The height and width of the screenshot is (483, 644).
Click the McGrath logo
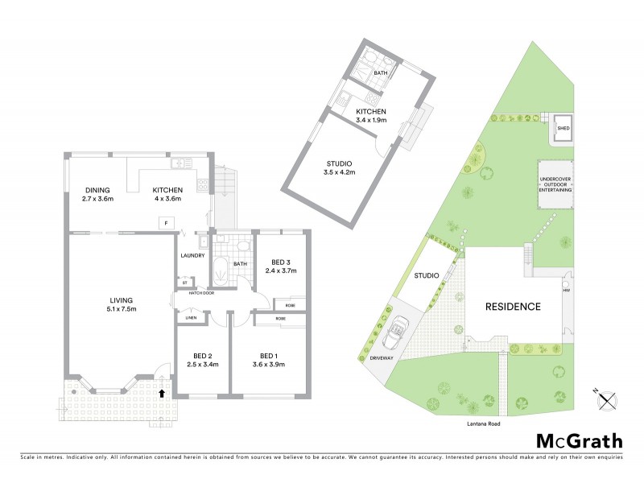point(580,440)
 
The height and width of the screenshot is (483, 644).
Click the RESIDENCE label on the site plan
point(512,307)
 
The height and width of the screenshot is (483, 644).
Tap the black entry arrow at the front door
point(163,394)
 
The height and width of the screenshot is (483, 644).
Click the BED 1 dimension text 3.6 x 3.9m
point(268,365)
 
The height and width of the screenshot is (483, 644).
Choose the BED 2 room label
point(203,360)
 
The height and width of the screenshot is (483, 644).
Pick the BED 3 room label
point(280,266)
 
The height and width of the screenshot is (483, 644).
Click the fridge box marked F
point(166,221)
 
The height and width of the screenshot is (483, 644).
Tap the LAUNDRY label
point(192,255)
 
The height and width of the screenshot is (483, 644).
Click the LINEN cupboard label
point(191,318)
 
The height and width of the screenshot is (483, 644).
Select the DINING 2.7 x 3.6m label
point(100,194)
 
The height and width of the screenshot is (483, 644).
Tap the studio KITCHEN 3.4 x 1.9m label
point(371,115)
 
